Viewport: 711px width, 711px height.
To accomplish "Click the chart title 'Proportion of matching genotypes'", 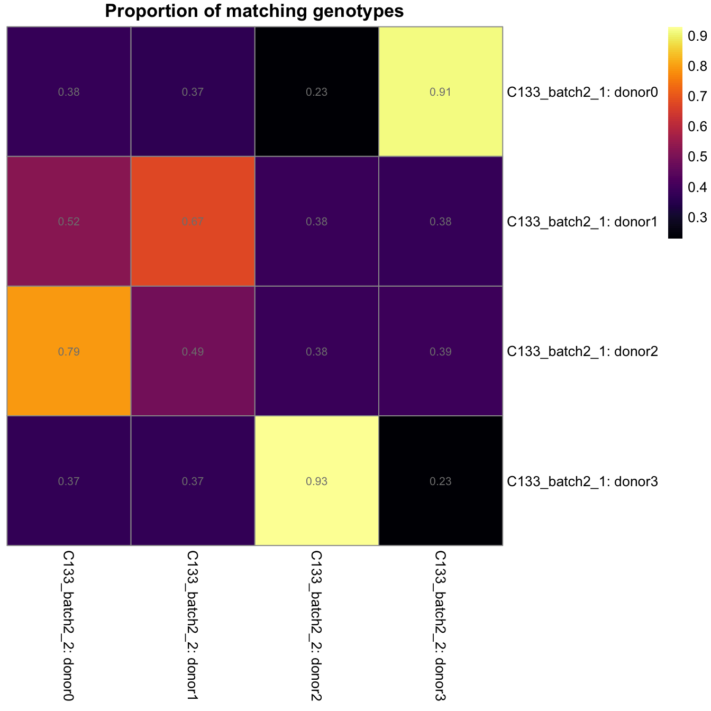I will [x=254, y=11].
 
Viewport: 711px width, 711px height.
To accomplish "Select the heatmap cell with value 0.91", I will [x=440, y=92].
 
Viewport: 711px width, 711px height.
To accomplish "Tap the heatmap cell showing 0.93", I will [x=316, y=481].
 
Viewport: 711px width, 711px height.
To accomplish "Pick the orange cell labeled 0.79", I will [x=69, y=351].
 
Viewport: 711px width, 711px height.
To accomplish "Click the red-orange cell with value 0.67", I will [x=193, y=222].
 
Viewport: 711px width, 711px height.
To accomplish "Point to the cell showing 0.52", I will [x=69, y=222].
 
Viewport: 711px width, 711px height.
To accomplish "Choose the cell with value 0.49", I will [x=193, y=351].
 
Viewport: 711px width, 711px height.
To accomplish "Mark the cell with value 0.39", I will [x=440, y=351].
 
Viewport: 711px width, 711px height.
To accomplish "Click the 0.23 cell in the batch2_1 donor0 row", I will [x=316, y=92].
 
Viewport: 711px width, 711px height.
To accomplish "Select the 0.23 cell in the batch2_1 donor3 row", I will [x=440, y=481].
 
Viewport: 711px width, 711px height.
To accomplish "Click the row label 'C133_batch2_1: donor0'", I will [x=582, y=93].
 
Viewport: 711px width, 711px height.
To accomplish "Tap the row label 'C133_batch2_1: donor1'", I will [x=582, y=222].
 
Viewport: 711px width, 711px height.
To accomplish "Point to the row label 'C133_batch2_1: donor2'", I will [x=582, y=351].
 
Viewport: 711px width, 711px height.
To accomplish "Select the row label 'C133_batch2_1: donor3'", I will [x=582, y=481].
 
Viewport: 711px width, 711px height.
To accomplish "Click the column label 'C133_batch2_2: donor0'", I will [x=68, y=626].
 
